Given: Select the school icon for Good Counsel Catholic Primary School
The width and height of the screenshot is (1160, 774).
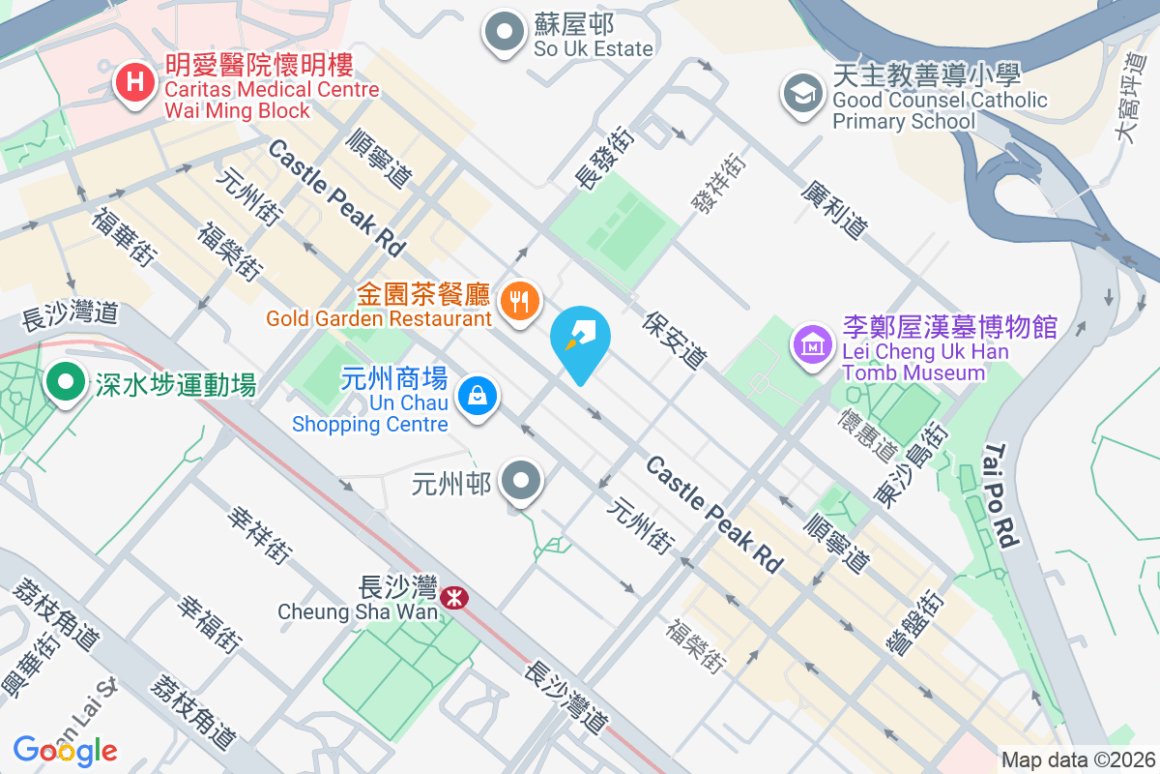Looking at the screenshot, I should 802,95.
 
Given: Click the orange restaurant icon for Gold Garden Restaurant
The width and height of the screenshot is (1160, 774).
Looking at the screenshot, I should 521,302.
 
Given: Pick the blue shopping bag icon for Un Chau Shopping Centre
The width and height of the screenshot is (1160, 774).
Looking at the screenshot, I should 477,396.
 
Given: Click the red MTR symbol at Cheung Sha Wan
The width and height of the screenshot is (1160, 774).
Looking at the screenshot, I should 452,598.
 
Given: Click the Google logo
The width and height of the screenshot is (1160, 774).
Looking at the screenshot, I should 66,750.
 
